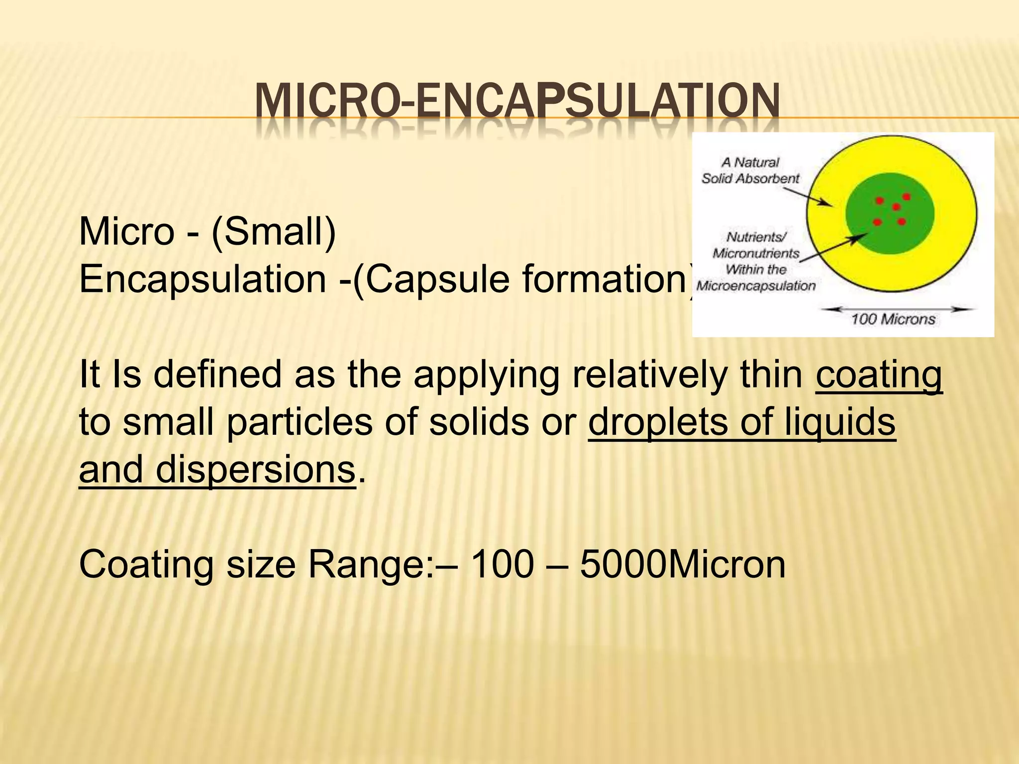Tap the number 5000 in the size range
(622, 564)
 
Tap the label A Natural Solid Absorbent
(750, 170)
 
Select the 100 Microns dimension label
(893, 319)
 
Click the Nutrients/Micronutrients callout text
(756, 261)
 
